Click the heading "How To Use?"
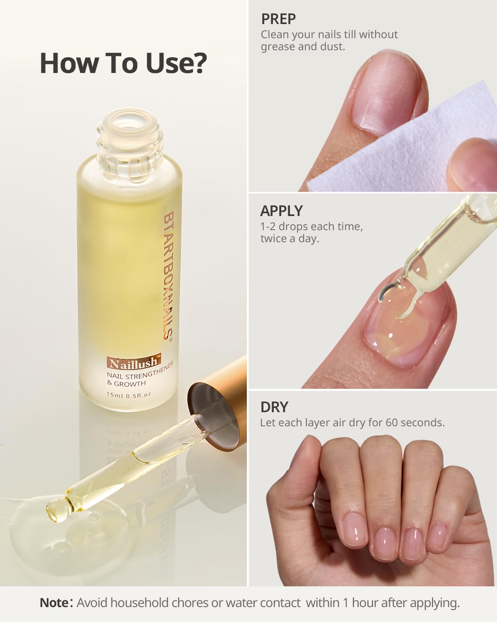pyautogui.click(x=123, y=63)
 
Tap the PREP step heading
pyautogui.click(x=278, y=19)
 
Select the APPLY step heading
pyautogui.click(x=281, y=211)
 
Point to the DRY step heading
pyautogui.click(x=274, y=407)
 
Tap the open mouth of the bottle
pyautogui.click(x=129, y=121)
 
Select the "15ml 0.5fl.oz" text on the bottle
pyautogui.click(x=129, y=394)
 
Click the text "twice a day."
pyautogui.click(x=290, y=239)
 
